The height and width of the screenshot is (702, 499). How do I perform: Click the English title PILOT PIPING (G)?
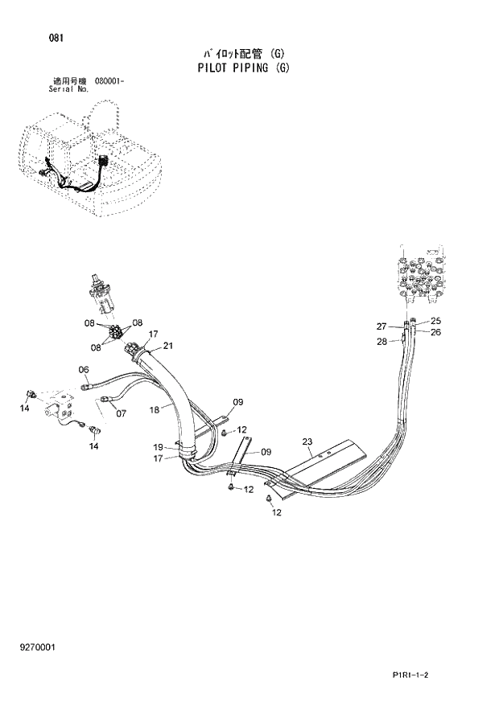243,68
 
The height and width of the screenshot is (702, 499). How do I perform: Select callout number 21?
168,346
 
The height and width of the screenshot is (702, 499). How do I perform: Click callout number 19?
159,447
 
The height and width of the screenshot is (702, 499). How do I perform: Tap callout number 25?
435,321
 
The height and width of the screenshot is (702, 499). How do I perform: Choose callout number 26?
435,331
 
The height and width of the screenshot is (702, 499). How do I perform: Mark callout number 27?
382,326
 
